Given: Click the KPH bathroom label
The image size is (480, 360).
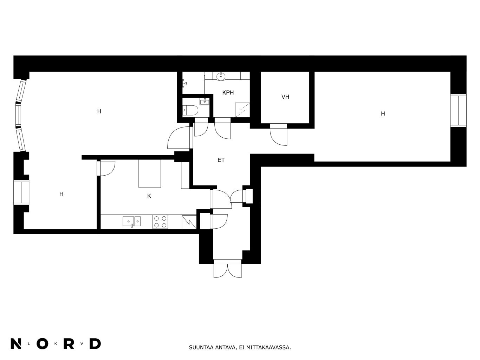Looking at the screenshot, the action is [x=228, y=93].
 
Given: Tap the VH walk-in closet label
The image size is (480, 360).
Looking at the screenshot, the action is [x=285, y=97].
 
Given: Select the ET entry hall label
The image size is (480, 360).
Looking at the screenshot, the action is [x=221, y=160].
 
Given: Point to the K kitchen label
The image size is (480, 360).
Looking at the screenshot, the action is [x=149, y=196].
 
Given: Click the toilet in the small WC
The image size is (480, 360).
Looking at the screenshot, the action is [x=190, y=110].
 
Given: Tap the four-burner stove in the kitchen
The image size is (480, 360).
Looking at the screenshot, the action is [x=160, y=222].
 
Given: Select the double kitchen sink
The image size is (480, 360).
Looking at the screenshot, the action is [x=132, y=221].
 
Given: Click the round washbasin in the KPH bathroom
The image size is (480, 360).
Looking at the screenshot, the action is [x=221, y=76].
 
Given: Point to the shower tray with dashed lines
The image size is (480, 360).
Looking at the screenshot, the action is [x=242, y=110].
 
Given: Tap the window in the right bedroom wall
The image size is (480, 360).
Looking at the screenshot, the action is [x=458, y=110].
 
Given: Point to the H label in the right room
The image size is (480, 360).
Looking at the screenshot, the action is [x=383, y=114].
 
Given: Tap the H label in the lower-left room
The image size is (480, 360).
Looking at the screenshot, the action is [x=61, y=194].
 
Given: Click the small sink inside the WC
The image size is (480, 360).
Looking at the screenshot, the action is [x=205, y=102].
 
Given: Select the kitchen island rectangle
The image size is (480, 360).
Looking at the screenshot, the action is [x=150, y=174].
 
